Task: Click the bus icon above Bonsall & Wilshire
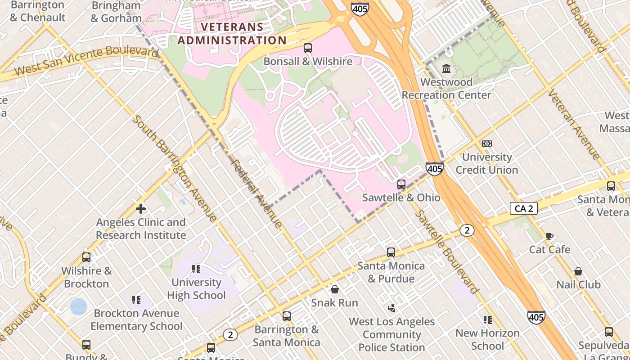click(308, 48)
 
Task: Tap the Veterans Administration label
click(232, 34)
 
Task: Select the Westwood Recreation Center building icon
click(446, 69)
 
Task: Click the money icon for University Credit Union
click(486, 144)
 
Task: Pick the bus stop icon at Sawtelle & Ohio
click(401, 184)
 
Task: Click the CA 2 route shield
click(524, 208)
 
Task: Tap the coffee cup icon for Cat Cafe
click(549, 236)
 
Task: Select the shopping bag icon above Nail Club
click(578, 271)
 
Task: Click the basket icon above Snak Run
click(334, 289)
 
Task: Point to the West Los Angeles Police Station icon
click(392, 308)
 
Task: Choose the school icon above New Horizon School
click(487, 320)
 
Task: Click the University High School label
click(196, 289)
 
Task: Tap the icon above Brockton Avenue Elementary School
click(136, 300)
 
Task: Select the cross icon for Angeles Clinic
click(141, 209)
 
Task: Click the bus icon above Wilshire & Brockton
click(86, 257)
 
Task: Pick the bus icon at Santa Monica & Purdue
click(391, 252)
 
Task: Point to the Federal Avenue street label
click(256, 193)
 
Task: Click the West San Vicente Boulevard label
click(85, 61)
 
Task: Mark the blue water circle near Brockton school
click(79, 306)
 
